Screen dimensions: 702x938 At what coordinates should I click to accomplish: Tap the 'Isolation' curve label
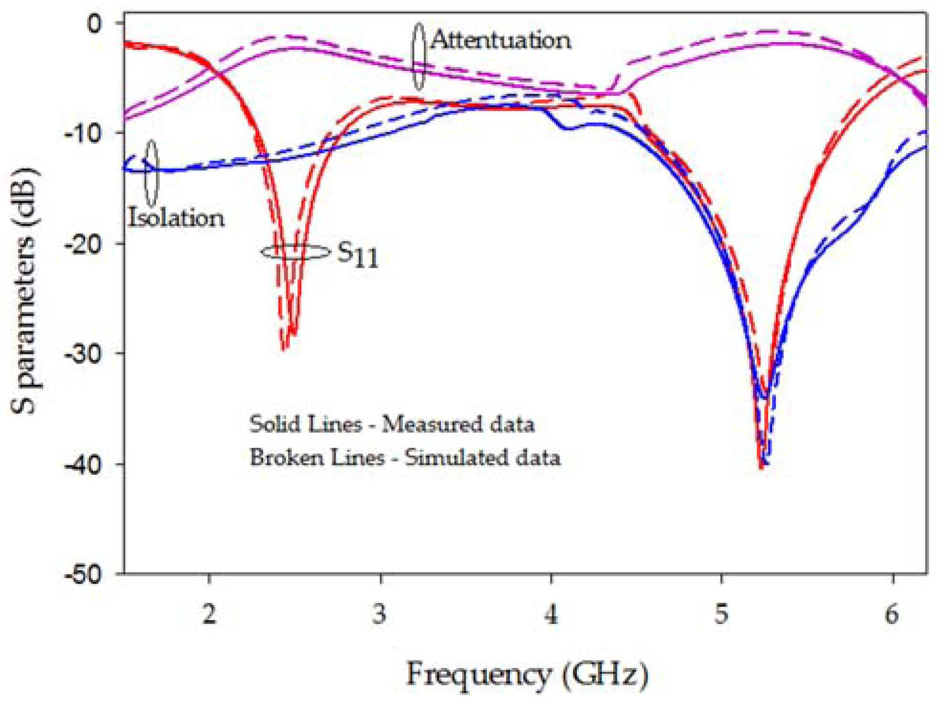pyautogui.click(x=176, y=218)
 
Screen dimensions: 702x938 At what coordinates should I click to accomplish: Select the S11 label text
pyautogui.click(x=358, y=255)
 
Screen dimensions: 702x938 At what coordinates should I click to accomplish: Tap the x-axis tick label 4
pyautogui.click(x=551, y=614)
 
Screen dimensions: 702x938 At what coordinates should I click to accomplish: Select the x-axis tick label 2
pyautogui.click(x=209, y=614)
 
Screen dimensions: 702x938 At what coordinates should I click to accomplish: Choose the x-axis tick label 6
pyautogui.click(x=892, y=614)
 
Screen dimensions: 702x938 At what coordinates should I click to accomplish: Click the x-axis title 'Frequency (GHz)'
pyautogui.click(x=527, y=675)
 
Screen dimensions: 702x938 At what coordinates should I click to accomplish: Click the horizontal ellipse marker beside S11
pyautogui.click(x=296, y=252)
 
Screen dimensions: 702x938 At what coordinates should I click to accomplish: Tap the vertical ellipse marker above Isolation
pyautogui.click(x=152, y=173)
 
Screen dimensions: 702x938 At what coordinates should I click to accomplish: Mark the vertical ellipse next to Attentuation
pyautogui.click(x=419, y=56)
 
